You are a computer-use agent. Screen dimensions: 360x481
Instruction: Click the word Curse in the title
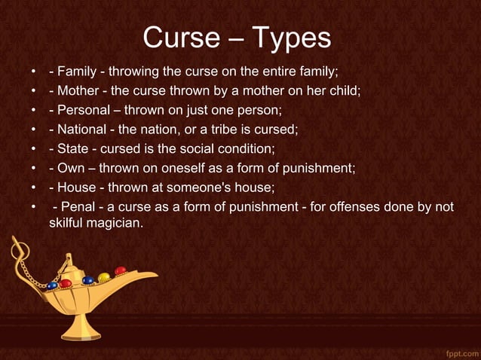(x=179, y=38)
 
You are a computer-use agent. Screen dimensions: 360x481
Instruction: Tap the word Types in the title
(x=291, y=38)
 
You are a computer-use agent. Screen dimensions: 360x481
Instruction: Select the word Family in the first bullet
(x=78, y=72)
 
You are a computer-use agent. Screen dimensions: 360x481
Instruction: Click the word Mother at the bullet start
(x=78, y=91)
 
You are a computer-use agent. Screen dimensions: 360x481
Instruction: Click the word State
(x=74, y=148)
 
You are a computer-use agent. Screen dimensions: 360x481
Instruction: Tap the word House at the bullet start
(x=76, y=185)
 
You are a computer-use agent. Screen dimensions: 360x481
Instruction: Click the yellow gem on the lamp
(x=103, y=277)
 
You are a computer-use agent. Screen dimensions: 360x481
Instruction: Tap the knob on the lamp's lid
(x=69, y=257)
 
